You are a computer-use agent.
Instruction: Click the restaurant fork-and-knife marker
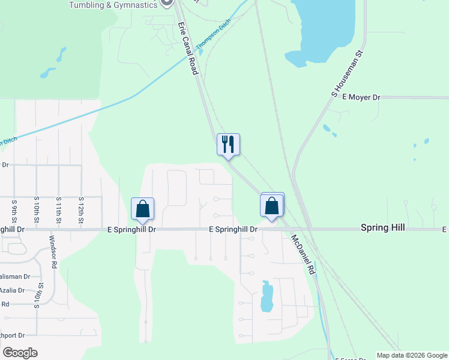pyautogui.click(x=228, y=145)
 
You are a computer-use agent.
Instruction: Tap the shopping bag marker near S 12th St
pyautogui.click(x=143, y=209)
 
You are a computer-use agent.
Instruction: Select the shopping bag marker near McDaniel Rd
pyautogui.click(x=272, y=205)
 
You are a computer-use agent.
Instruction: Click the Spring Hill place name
pyautogui.click(x=382, y=227)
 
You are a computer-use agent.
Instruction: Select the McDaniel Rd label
pyautogui.click(x=304, y=255)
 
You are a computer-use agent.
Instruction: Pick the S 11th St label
pyautogui.click(x=59, y=211)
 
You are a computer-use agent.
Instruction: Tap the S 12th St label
pyautogui.click(x=80, y=211)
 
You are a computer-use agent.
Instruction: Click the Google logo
pyautogui.click(x=20, y=353)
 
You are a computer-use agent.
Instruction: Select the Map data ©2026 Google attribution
pyautogui.click(x=412, y=355)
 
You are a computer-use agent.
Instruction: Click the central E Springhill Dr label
pyautogui.click(x=233, y=229)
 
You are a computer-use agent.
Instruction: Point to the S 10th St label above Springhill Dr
pyautogui.click(x=37, y=211)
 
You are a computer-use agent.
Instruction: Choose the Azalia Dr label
pyautogui.click(x=12, y=290)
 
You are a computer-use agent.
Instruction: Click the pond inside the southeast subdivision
pyautogui.click(x=267, y=298)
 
